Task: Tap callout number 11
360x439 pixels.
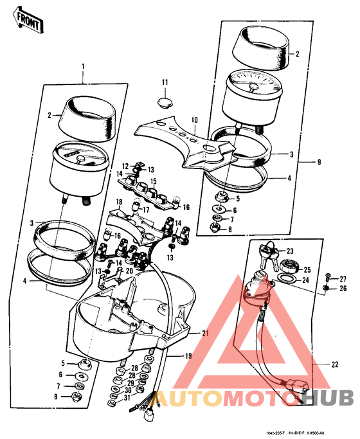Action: pyautogui.click(x=165, y=82)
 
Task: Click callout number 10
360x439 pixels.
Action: pyautogui.click(x=195, y=120)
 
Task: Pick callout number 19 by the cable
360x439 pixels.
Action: pyautogui.click(x=188, y=356)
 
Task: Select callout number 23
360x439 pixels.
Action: pyautogui.click(x=290, y=251)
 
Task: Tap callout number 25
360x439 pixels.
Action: pyautogui.click(x=307, y=269)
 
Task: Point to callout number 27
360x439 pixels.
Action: pyautogui.click(x=342, y=278)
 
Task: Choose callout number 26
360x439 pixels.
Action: pyautogui.click(x=342, y=289)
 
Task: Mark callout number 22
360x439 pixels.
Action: pyautogui.click(x=334, y=364)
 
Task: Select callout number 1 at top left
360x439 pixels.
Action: pyautogui.click(x=83, y=67)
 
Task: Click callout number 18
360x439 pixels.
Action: pyautogui.click(x=119, y=202)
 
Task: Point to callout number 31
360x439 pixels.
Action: pyautogui.click(x=127, y=399)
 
